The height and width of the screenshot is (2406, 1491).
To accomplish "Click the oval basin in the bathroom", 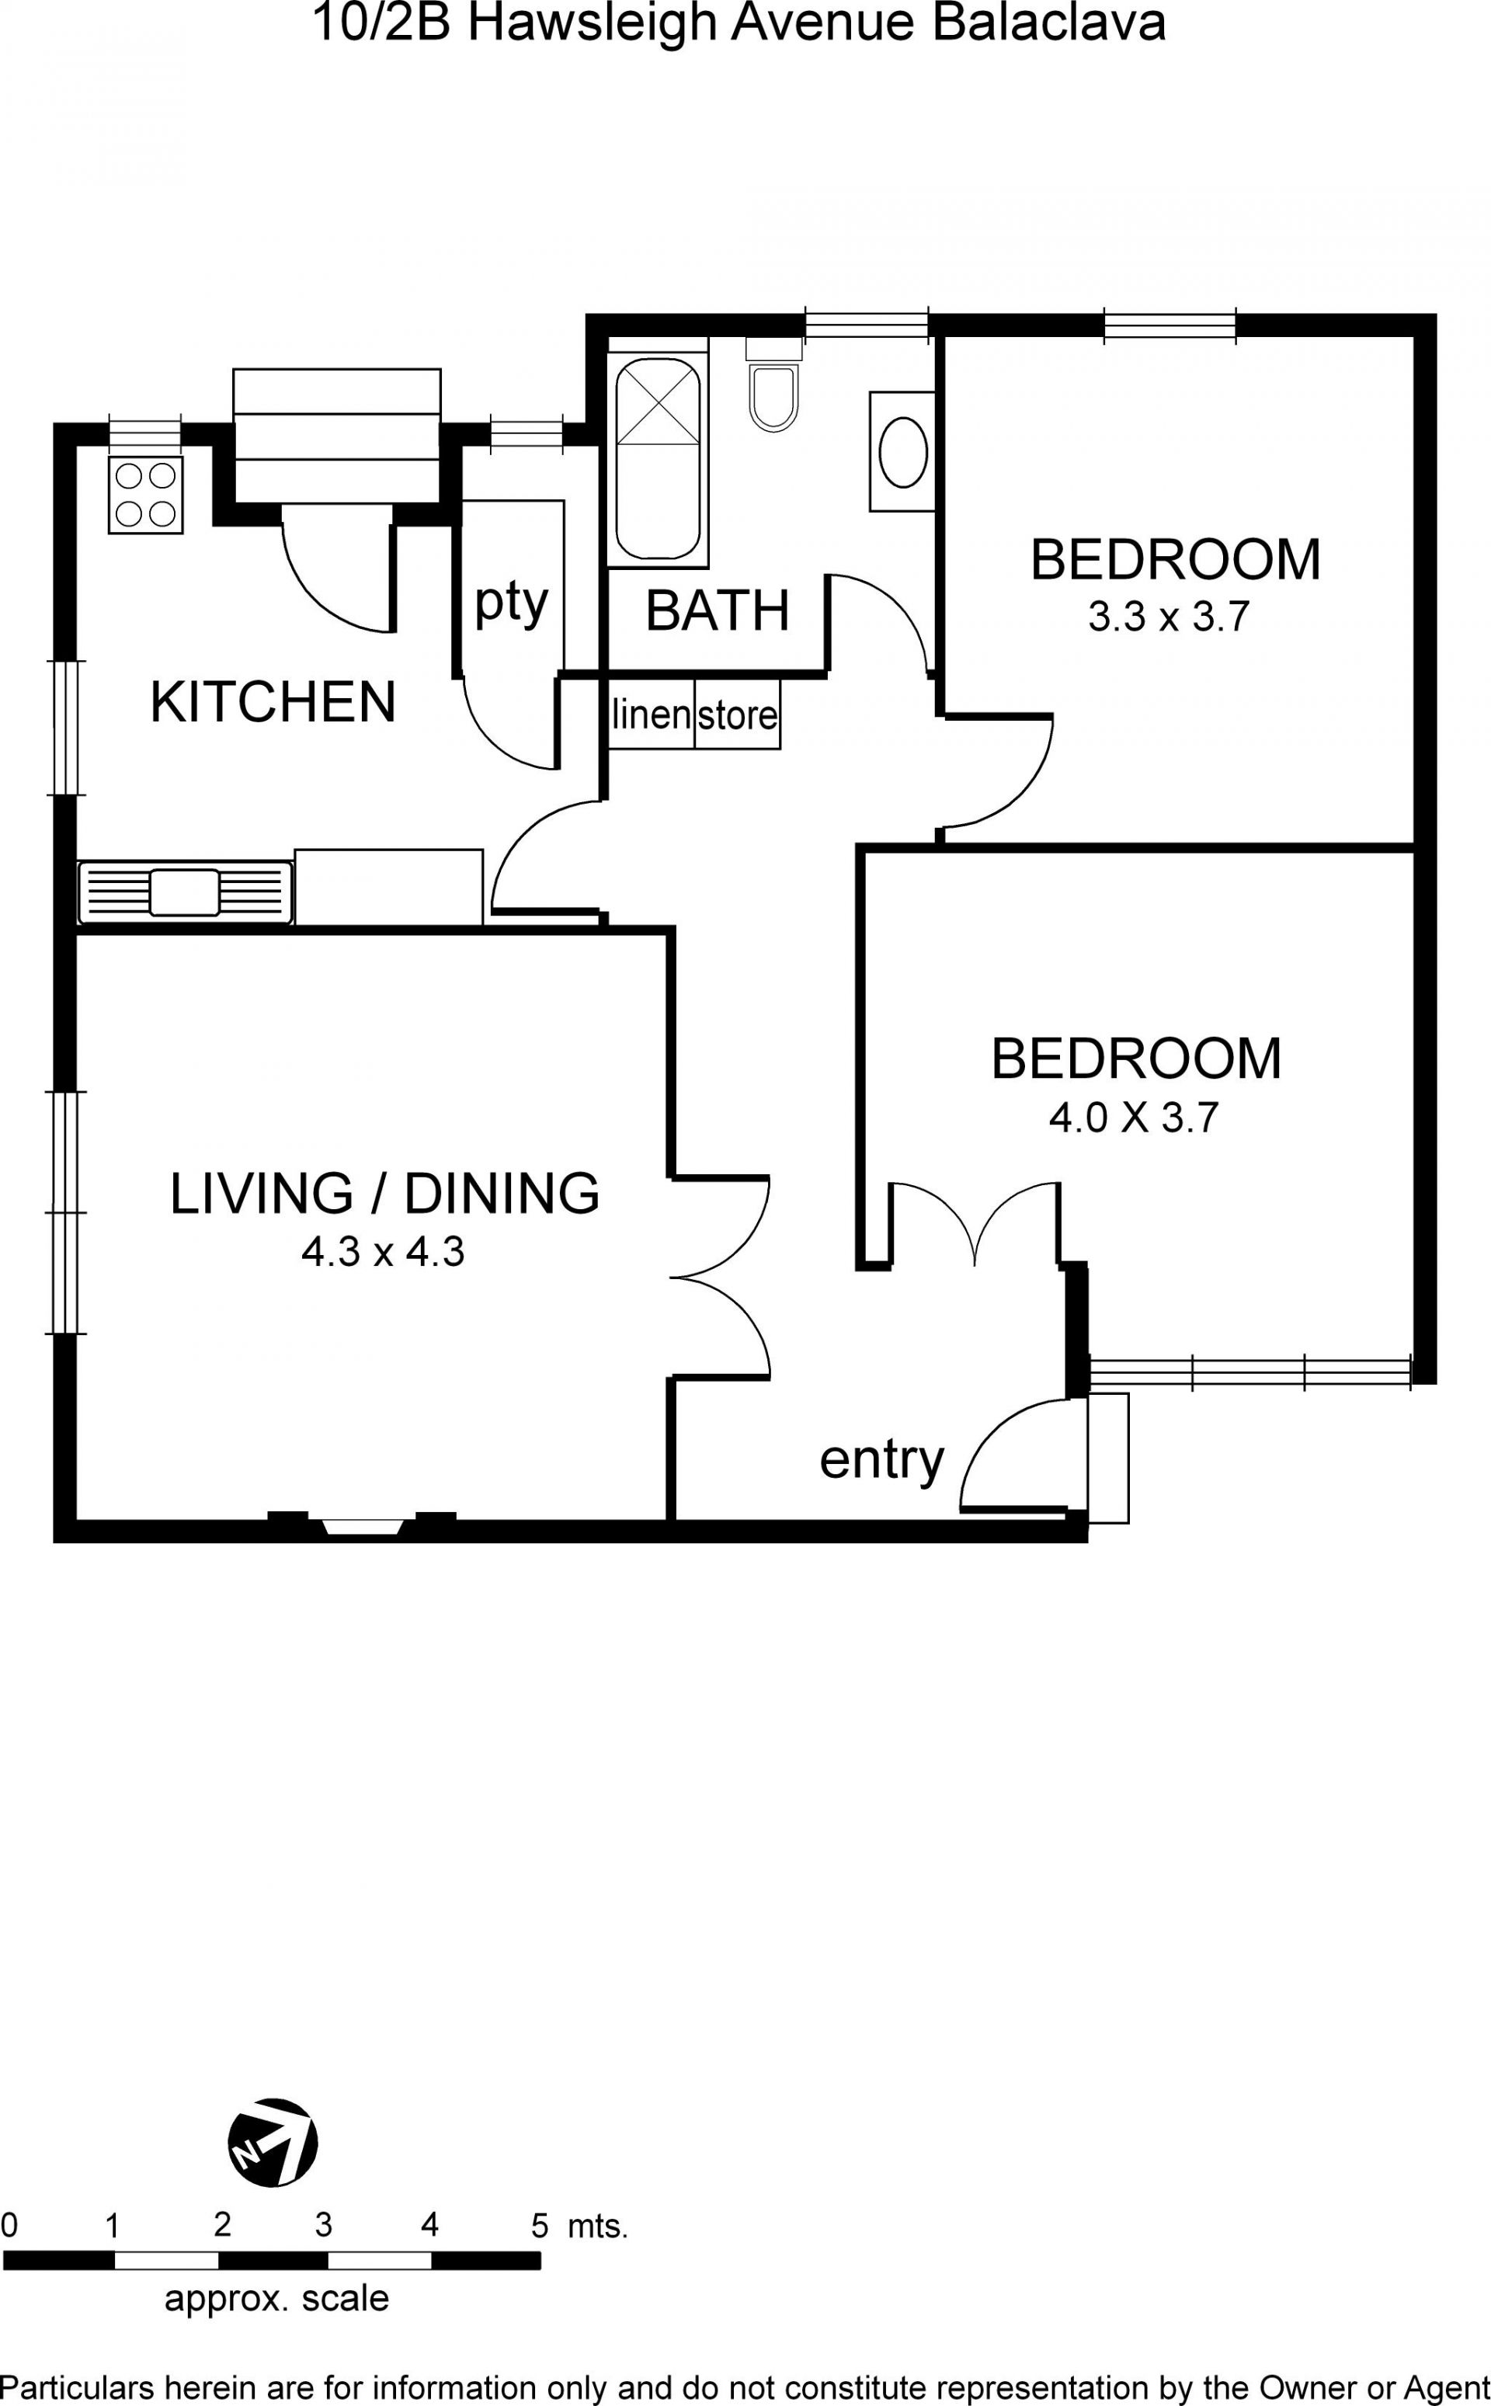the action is tap(902, 452).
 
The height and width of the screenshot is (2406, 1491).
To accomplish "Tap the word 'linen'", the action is tap(651, 714).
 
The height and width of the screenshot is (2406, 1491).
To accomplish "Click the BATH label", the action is tap(718, 610).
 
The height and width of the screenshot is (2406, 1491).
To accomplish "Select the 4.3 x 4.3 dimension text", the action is tap(383, 1252).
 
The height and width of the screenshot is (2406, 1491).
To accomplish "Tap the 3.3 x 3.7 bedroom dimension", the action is tap(1170, 617).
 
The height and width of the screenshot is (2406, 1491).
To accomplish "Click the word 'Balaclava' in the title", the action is tap(1048, 23).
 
